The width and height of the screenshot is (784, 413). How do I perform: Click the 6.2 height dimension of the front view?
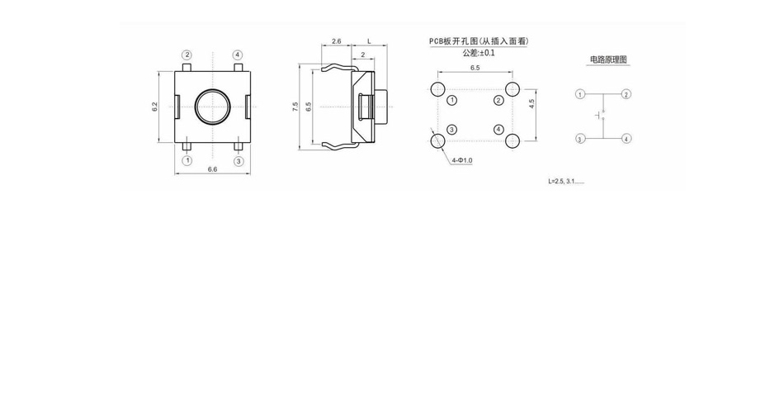coord(155,107)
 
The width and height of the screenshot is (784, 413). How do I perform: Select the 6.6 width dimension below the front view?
coord(212,169)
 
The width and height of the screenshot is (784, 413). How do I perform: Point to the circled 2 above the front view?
coord(187,55)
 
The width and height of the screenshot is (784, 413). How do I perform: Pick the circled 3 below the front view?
coord(239,161)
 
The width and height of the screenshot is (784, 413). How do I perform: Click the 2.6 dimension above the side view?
coord(337,41)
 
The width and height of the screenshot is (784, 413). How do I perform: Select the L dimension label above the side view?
coord(370,41)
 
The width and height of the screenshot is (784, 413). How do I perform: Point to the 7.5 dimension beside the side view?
coord(295,107)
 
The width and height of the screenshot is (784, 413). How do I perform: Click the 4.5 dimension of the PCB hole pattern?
coord(532,103)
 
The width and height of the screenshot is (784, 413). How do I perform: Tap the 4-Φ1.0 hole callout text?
coord(462,161)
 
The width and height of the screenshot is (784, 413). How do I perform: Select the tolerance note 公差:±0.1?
coord(479,53)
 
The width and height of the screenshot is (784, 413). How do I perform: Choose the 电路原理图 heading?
coord(608,59)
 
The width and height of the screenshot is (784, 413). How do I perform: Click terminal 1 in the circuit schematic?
coord(580,94)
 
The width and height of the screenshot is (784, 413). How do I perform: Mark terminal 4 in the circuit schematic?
coord(626,139)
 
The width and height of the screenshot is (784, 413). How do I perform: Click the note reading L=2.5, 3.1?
coord(566,181)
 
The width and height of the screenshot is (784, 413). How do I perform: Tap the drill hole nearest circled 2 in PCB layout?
coord(512,89)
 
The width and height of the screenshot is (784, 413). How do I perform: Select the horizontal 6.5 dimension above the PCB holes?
coord(475,68)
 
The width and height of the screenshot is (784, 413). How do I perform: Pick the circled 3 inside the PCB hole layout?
coord(451,131)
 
